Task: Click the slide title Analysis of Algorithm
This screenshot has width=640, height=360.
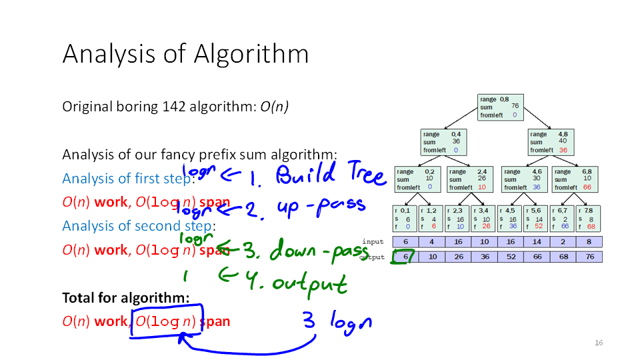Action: point(185,53)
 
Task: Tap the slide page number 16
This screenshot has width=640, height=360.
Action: point(598,343)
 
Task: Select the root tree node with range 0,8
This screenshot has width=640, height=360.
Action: point(500,107)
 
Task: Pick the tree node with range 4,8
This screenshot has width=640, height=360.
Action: point(551,141)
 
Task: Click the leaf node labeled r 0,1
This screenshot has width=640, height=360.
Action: point(405,218)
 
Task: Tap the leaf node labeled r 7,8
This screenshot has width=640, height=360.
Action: point(589,218)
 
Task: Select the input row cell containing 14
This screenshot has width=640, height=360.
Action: point(537,242)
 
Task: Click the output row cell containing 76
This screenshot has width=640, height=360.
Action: point(589,257)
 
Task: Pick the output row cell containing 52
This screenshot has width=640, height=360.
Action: point(511,257)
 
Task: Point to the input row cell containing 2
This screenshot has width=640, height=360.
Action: point(563,242)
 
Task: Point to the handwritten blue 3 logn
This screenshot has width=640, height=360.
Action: point(337,323)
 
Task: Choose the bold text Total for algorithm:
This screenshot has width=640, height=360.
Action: point(126,297)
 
